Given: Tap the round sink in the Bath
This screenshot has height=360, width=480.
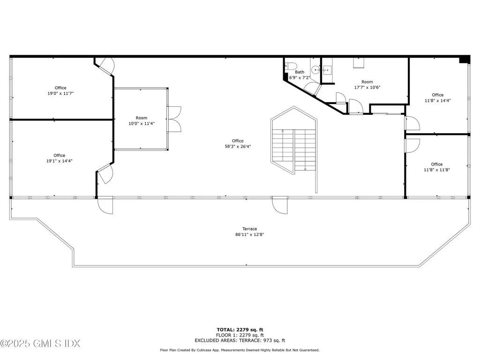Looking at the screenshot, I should (317, 70).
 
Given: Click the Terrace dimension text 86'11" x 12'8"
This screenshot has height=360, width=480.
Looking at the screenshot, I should (250, 234).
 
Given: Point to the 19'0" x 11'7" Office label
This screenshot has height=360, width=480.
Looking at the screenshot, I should (60, 91).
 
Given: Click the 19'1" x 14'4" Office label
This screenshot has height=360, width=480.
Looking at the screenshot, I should (60, 158).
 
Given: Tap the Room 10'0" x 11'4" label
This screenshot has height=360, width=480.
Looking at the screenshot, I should (142, 121).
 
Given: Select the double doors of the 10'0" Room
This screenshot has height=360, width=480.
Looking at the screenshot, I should (174, 119).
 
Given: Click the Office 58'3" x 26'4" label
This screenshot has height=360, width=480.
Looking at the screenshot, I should (238, 143).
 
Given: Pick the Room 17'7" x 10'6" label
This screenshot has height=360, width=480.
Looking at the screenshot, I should (367, 84).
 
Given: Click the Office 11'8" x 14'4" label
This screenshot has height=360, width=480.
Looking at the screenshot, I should (437, 97).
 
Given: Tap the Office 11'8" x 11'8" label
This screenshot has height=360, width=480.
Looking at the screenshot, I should (436, 167).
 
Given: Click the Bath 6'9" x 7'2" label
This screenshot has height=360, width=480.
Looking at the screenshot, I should (300, 75).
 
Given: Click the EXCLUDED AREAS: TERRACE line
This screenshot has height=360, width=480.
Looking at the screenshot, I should (240, 341).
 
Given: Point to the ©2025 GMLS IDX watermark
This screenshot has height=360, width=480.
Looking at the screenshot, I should (40, 344).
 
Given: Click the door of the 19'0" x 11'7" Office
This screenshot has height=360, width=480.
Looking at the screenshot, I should (106, 66).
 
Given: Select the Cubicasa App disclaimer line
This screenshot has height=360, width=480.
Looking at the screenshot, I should (240, 350).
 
